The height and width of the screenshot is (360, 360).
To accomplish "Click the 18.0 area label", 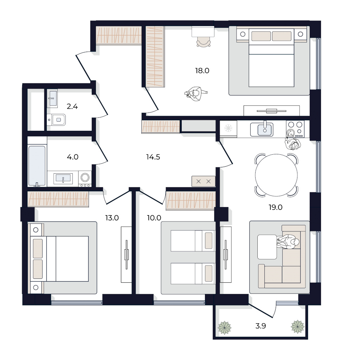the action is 202,71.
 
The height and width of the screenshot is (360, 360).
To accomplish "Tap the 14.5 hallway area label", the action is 153,157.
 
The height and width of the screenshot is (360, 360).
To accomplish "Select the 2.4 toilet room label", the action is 72,107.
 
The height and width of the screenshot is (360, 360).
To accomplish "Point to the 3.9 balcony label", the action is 261,326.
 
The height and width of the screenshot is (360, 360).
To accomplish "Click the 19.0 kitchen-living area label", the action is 276,207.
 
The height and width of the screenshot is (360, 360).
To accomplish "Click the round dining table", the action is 276,175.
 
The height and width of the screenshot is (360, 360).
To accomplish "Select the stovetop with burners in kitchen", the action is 295,129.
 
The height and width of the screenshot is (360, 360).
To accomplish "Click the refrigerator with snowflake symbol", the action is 228,129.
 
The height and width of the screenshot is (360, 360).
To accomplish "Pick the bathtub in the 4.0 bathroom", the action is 37,166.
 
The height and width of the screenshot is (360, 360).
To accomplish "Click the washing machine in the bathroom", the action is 85,179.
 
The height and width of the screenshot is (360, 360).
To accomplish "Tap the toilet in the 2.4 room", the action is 57,120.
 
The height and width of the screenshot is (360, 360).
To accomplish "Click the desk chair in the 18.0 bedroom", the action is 204,42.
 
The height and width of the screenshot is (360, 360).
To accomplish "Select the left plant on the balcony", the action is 225,328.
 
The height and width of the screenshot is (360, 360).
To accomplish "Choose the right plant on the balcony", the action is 297,327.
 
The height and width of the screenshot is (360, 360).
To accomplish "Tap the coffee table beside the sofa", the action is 267,247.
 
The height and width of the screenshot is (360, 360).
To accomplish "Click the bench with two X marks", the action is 204,181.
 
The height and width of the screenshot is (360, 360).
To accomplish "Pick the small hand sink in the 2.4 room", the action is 52,98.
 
